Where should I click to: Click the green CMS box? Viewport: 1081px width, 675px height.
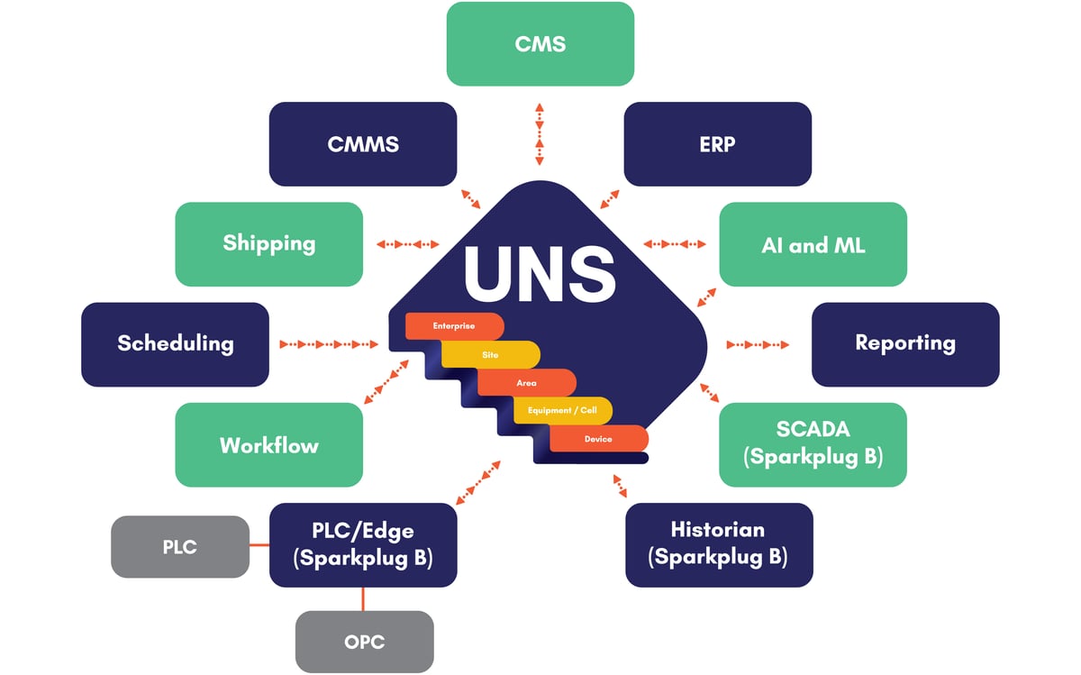pyautogui.click(x=540, y=44)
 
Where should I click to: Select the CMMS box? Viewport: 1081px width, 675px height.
pyautogui.click(x=362, y=144)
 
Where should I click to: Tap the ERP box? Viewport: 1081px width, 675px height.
pyautogui.click(x=717, y=144)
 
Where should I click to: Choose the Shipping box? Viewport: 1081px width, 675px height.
pyautogui.click(x=268, y=244)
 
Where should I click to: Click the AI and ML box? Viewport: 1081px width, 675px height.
pyautogui.click(x=813, y=244)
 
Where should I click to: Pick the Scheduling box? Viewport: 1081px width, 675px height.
pyautogui.click(x=175, y=344)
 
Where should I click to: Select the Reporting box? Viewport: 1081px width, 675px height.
pyautogui.click(x=904, y=344)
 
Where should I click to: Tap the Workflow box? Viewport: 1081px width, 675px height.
pyautogui.click(x=268, y=445)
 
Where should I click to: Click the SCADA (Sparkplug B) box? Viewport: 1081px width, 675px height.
pyautogui.click(x=813, y=444)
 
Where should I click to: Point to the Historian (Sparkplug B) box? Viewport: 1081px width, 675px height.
pyautogui.click(x=718, y=544)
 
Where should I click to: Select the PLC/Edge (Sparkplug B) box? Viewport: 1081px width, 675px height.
pyautogui.click(x=362, y=544)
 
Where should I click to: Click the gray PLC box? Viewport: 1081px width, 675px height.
pyautogui.click(x=179, y=546)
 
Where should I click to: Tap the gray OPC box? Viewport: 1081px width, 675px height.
pyautogui.click(x=364, y=642)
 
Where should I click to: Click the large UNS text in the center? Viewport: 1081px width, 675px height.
pyautogui.click(x=540, y=270)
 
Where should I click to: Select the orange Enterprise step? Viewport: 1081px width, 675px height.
pyautogui.click(x=453, y=325)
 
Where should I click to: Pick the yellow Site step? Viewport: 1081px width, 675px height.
pyautogui.click(x=490, y=355)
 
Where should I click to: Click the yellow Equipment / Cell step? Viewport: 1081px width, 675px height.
pyautogui.click(x=562, y=411)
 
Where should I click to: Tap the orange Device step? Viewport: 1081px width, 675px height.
pyautogui.click(x=598, y=439)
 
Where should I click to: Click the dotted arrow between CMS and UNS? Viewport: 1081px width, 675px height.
pyautogui.click(x=539, y=133)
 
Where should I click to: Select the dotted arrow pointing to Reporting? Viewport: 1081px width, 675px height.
pyautogui.click(x=757, y=344)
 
